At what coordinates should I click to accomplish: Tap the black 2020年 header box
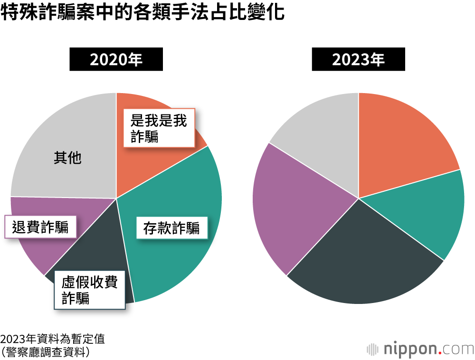coord(116,59)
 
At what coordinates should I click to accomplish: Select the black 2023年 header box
coord(358,59)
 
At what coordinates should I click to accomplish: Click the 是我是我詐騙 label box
coord(159,128)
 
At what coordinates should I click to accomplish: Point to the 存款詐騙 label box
coord(171,228)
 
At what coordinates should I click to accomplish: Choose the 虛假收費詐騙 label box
coord(89,290)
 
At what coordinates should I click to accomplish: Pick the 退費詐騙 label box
coord(41,227)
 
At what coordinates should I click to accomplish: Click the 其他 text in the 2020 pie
coord(67,158)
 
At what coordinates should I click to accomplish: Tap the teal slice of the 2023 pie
coord(427,209)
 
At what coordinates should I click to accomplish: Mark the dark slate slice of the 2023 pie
coord(361,256)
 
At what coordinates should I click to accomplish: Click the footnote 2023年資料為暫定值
coord(52,339)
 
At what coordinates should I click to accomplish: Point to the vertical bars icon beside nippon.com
coord(372,350)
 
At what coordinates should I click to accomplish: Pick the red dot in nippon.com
coord(440,353)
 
